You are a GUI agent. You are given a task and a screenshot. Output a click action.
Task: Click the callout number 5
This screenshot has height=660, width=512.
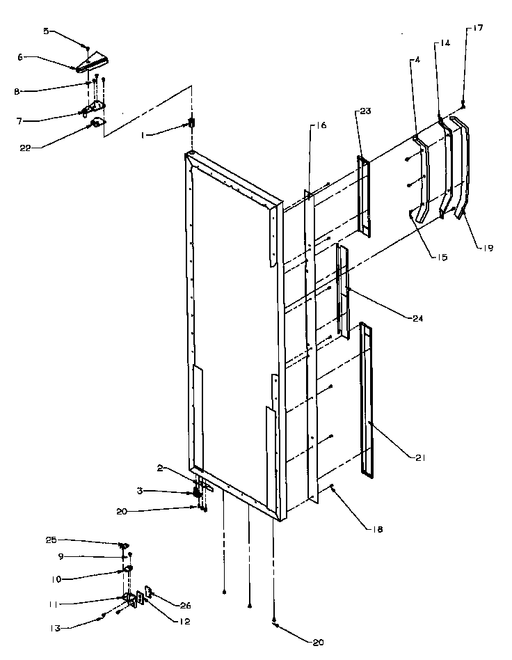tap(47, 31)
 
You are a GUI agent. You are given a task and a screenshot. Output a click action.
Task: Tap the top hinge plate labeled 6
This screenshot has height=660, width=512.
tap(90, 64)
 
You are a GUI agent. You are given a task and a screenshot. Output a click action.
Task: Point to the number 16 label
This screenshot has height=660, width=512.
tap(321, 125)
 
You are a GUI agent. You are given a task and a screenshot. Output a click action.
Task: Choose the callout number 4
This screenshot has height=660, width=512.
tap(417, 61)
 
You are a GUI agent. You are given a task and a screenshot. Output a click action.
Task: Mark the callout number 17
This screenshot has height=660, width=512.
tap(478, 28)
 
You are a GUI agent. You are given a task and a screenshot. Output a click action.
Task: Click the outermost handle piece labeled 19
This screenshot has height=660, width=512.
tap(462, 167)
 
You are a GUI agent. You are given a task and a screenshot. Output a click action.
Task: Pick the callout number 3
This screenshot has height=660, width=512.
tap(140, 491)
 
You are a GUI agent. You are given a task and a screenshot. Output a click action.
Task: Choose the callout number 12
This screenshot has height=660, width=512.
tap(183, 622)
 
